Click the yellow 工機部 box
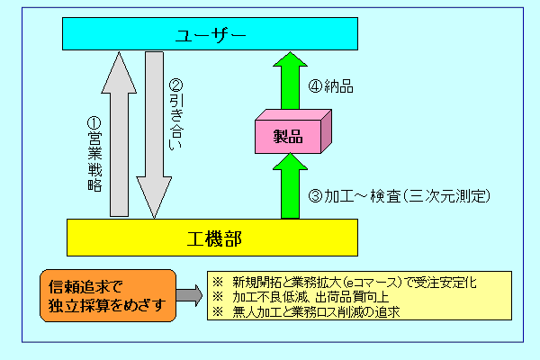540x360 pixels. (x=213, y=238)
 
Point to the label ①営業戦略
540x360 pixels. (x=94, y=153)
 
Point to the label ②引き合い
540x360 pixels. (x=176, y=112)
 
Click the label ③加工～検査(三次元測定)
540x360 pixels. (x=399, y=195)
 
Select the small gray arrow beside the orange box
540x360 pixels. (x=186, y=295)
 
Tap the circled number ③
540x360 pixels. (x=315, y=195)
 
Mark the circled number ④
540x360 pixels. (x=315, y=87)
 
